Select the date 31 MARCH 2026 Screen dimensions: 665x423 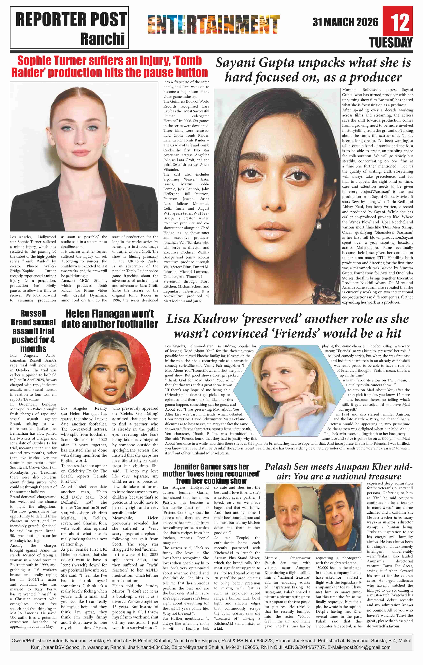pos(345,22)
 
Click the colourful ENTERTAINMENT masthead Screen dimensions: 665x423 pos(214,24)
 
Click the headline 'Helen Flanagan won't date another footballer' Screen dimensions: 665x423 pos(109,319)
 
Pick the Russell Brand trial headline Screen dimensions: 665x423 pos(33,331)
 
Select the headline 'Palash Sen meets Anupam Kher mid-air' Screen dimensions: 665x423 pos(339,471)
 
